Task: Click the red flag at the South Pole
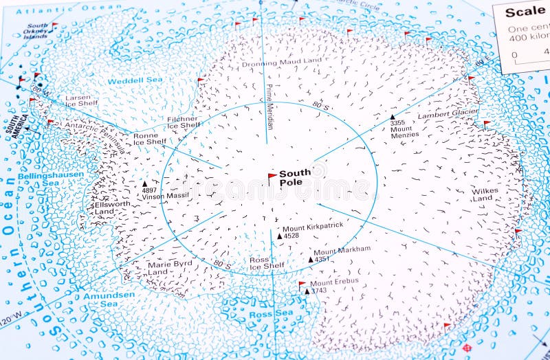pyautogui.click(x=272, y=177)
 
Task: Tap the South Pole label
pyautogui.click(x=294, y=178)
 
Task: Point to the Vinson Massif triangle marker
pyautogui.click(x=144, y=184)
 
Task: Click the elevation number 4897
pyautogui.click(x=149, y=190)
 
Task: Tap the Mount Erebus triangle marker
pyautogui.click(x=307, y=291)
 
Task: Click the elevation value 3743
pyautogui.click(x=318, y=291)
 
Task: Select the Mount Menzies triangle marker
pyautogui.click(x=393, y=117)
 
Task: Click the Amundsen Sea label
pyautogui.click(x=100, y=300)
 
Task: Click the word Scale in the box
pyautogui.click(x=525, y=12)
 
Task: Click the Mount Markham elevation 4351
pyautogui.click(x=322, y=259)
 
